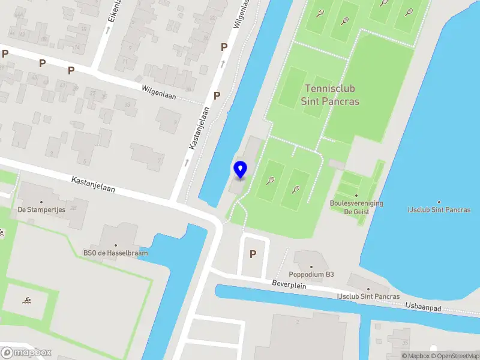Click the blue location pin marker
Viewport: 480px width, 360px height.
(240, 170)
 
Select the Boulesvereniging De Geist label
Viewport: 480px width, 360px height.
(356, 207)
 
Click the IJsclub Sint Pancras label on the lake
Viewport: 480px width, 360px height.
(439, 210)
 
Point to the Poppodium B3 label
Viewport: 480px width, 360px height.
(312, 275)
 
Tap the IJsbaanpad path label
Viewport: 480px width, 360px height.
(424, 307)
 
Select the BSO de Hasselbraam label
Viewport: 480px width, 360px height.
(115, 253)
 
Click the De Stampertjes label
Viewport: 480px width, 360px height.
(41, 210)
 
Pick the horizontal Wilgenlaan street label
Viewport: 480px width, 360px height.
(159, 91)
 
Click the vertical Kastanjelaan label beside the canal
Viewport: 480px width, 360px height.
(194, 128)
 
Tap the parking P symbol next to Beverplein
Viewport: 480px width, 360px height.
(253, 254)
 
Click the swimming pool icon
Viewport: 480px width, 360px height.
(27, 299)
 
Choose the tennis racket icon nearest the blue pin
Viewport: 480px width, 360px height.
(271, 179)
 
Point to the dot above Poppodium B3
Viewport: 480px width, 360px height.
(311, 266)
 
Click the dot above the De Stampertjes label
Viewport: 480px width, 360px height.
(41, 202)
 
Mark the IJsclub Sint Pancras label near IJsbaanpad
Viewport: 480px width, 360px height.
(368, 296)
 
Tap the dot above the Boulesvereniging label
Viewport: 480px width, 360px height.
(356, 195)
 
